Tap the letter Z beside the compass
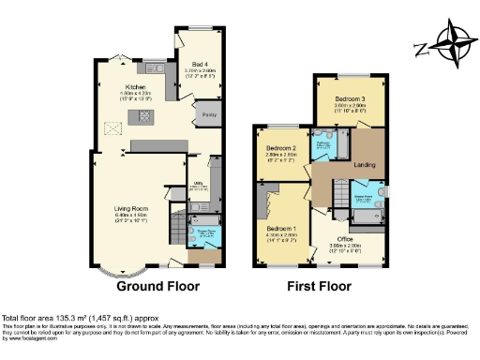point(423,47)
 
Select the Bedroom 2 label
point(280,148)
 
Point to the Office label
point(346,239)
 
